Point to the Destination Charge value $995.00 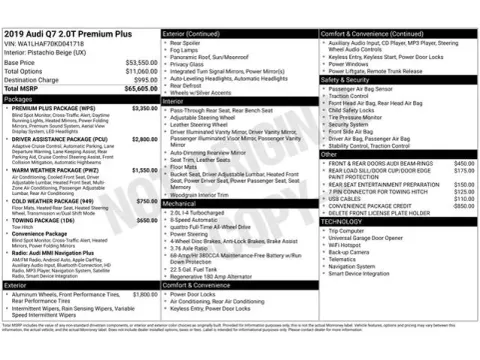(143, 79)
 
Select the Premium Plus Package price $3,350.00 (144, 108)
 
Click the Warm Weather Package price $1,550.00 (144, 171)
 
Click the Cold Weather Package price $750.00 (146, 201)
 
